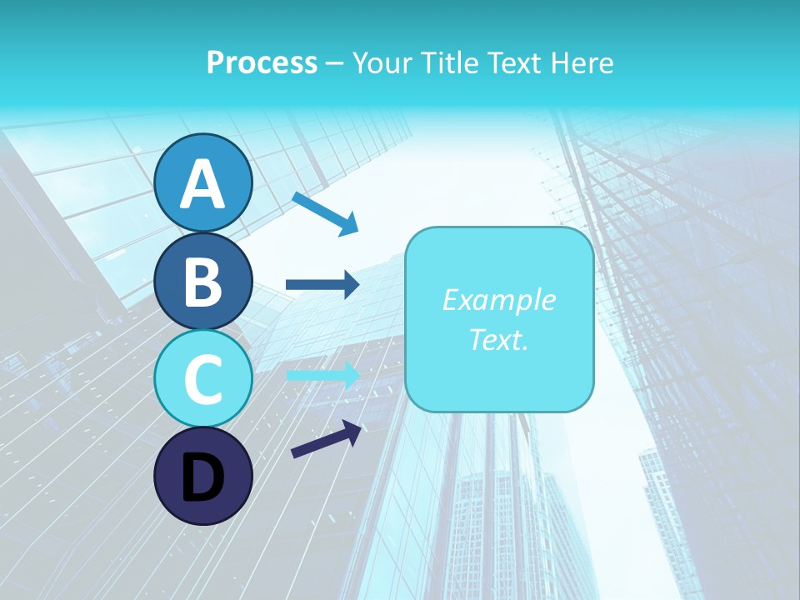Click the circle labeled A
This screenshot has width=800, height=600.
[x=202, y=182]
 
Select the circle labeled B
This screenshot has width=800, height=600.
[x=202, y=281]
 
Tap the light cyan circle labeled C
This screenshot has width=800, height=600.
[x=202, y=378]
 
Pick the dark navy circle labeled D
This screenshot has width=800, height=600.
[x=202, y=476]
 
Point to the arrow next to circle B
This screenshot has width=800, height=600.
[x=322, y=285]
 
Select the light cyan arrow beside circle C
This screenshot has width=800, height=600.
[x=322, y=374]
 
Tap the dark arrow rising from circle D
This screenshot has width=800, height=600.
[x=326, y=440]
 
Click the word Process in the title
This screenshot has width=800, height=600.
[x=262, y=62]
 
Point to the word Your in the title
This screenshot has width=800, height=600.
[x=379, y=62]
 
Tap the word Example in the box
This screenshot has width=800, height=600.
[x=498, y=300]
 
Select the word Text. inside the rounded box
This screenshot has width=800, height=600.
[x=498, y=339]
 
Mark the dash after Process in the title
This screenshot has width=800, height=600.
[x=334, y=63]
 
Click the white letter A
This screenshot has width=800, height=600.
[x=202, y=184]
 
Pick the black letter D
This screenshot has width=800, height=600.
[x=202, y=477]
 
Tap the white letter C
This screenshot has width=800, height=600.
[x=202, y=379]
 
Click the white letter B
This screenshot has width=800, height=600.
[x=202, y=282]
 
